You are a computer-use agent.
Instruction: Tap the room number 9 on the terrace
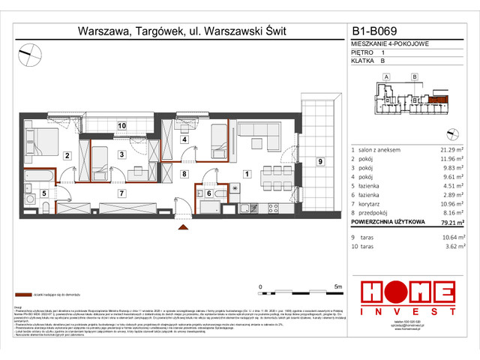(319, 162)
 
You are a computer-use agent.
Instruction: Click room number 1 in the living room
(246, 174)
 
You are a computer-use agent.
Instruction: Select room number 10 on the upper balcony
(121, 125)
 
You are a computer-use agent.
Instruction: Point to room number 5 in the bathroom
(44, 193)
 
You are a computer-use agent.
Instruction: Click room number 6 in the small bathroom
(209, 193)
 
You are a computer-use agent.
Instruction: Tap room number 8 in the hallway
(184, 174)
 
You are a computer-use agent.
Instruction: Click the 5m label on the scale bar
(338, 286)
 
